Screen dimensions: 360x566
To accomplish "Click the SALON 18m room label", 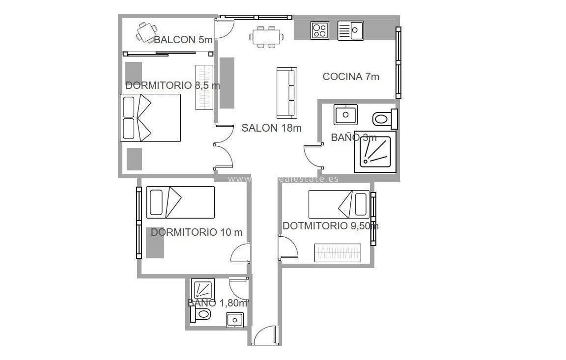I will [271, 128].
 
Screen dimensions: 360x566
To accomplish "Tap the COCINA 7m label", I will [351, 77].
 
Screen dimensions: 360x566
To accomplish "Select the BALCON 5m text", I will [183, 40].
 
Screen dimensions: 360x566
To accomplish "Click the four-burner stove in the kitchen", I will [319, 30].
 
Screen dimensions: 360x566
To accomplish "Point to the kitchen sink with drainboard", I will [350, 30].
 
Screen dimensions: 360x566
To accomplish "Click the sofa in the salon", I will [287, 93].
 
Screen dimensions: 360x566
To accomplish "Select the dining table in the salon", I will [267, 36].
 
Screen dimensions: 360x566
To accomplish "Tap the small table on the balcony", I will [144, 33].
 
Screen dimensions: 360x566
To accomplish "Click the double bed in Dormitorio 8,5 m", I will [150, 118].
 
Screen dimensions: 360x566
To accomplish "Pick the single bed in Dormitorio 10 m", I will [180, 202].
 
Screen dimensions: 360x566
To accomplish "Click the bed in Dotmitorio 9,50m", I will [339, 204].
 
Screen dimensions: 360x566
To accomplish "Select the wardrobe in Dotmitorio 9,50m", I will [338, 253].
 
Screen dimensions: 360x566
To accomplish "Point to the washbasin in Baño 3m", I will [345, 114].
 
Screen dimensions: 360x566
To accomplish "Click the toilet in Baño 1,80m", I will [200, 314].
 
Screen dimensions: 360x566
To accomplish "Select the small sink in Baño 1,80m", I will [235, 320].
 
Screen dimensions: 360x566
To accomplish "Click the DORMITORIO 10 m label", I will [197, 232].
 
